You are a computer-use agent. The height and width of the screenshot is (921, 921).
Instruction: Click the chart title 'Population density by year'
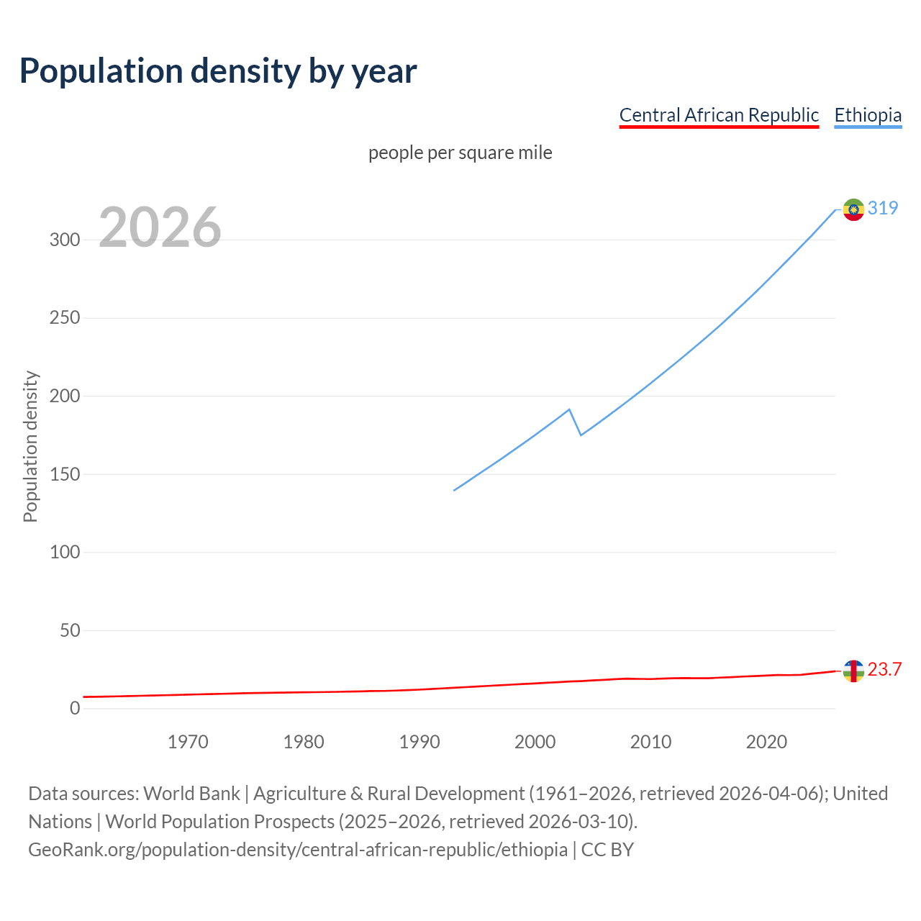pyautogui.click(x=218, y=71)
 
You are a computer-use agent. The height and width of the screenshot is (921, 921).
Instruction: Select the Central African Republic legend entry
pyautogui.click(x=719, y=115)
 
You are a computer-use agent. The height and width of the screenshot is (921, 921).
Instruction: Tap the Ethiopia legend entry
pyautogui.click(x=868, y=115)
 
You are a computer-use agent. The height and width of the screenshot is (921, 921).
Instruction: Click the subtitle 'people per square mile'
pyautogui.click(x=460, y=153)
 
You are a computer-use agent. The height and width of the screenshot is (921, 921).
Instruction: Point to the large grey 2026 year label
pyautogui.click(x=160, y=227)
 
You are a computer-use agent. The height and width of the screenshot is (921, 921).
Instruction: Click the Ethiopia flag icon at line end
pyautogui.click(x=853, y=209)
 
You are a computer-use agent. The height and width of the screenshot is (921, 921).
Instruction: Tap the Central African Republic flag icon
pyautogui.click(x=853, y=671)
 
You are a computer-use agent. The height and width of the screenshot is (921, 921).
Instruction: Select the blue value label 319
pyautogui.click(x=883, y=208)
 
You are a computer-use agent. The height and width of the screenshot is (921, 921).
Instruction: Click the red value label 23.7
pyautogui.click(x=884, y=670)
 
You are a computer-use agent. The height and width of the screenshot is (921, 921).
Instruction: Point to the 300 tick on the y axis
pyautogui.click(x=65, y=240)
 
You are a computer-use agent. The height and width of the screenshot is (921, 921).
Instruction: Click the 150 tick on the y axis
pyautogui.click(x=65, y=474)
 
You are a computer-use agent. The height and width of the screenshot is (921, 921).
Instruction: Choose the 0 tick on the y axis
pyautogui.click(x=75, y=709)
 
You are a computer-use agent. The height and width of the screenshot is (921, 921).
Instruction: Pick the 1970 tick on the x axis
pyautogui.click(x=188, y=742)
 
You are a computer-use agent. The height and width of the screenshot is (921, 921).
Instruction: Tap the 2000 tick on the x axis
pyautogui.click(x=535, y=742)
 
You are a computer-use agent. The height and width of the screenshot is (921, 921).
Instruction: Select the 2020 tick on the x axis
pyautogui.click(x=766, y=742)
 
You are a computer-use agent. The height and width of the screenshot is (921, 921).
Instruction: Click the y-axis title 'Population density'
pyautogui.click(x=30, y=446)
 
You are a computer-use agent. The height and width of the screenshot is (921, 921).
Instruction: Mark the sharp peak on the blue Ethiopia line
pyautogui.click(x=569, y=409)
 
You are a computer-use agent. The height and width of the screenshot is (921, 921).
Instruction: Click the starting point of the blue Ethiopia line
pyautogui.click(x=454, y=490)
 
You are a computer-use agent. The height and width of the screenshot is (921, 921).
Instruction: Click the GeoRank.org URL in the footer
pyautogui.click(x=298, y=850)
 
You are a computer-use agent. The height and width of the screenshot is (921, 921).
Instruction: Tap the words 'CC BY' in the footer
pyautogui.click(x=607, y=850)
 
